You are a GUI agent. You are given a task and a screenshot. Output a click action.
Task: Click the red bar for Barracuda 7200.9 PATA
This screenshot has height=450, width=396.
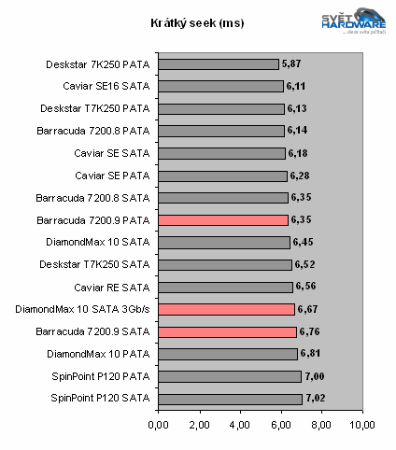(x=223, y=220)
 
